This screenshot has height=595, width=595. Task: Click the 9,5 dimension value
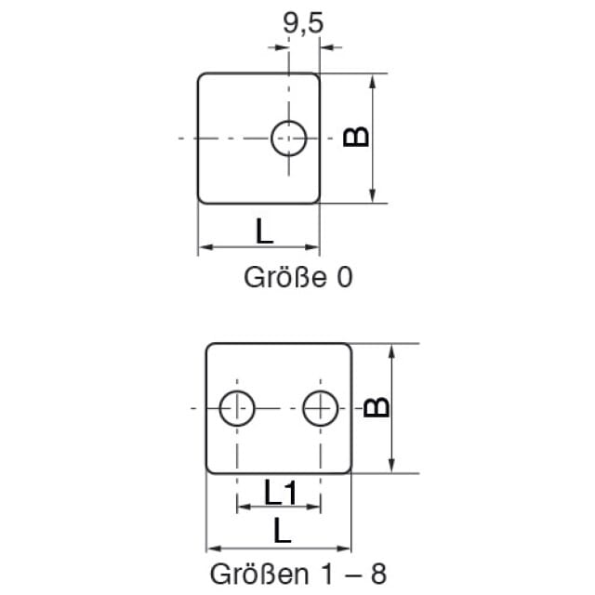303,23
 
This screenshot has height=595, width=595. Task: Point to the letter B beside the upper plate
355,136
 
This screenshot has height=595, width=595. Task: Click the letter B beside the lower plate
376,407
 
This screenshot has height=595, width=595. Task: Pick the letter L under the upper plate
264,231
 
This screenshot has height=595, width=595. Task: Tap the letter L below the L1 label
282,530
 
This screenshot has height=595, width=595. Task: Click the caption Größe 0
298,277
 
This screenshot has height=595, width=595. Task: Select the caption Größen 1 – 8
298,574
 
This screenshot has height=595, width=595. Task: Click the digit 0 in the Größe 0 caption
345,277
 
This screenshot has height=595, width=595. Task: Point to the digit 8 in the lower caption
378,574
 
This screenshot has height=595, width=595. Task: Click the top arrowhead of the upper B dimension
373,81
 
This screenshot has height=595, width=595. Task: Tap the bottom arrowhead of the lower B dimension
392,466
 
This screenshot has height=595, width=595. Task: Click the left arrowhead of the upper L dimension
205,247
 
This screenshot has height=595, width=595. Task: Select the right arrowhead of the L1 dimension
313,507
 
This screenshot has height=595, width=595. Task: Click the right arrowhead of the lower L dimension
344,549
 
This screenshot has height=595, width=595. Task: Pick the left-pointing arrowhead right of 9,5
327,47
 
